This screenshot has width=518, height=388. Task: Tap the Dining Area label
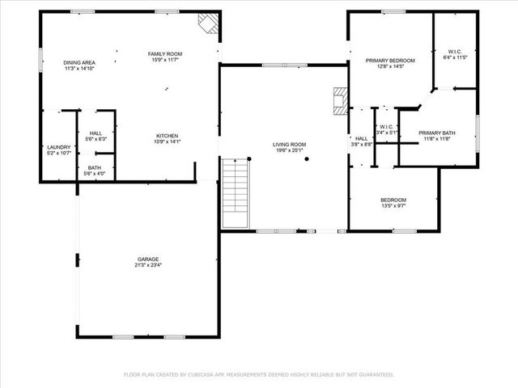pyautogui.click(x=79, y=63)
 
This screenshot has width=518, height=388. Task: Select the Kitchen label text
pyautogui.click(x=168, y=136)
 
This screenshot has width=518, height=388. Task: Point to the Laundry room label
pyautogui.click(x=59, y=146)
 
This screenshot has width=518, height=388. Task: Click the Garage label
pyautogui.click(x=147, y=259)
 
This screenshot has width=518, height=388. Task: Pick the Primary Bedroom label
pyautogui.click(x=390, y=61)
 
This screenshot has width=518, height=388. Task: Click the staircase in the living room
pyautogui.click(x=234, y=192)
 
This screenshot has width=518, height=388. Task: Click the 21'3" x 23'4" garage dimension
pyautogui.click(x=148, y=265)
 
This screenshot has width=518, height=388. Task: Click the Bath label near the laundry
pyautogui.click(x=95, y=167)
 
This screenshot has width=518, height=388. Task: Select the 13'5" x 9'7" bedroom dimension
pyautogui.click(x=393, y=206)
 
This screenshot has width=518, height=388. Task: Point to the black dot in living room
pyautogui.click(x=307, y=159)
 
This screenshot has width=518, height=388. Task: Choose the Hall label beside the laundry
pyautogui.click(x=96, y=133)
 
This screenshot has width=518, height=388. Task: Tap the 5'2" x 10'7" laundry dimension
pyautogui.click(x=59, y=153)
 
